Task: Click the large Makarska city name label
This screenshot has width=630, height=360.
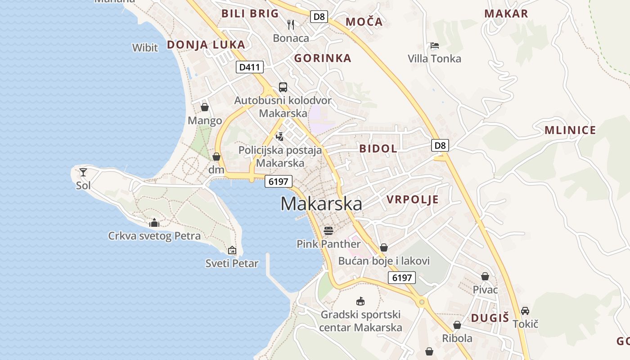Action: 321,204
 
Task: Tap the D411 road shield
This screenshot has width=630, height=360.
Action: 249,67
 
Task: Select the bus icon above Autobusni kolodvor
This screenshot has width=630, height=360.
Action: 283,87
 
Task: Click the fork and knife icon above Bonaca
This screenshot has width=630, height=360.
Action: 291,24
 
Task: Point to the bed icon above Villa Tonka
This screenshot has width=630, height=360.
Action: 434,45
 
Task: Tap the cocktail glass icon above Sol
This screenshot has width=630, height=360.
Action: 83,172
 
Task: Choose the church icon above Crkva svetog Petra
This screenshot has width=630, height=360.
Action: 154,223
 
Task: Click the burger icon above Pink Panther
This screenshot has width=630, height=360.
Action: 328,231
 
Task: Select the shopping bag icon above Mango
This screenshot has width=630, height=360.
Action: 205,107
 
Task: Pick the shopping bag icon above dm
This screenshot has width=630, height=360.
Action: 216,157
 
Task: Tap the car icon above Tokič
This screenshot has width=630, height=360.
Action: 525,310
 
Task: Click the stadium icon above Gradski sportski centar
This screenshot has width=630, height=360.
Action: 360,301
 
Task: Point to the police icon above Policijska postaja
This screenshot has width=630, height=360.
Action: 280,136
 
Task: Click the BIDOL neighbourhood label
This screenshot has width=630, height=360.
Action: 378,148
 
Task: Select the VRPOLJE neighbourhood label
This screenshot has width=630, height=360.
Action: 412,200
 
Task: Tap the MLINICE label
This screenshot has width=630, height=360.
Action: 570,130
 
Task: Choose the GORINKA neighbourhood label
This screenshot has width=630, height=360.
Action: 323,58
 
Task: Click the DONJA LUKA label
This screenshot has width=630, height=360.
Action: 206,45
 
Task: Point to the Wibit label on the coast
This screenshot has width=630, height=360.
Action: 145,48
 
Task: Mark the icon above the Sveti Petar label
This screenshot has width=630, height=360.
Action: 232,250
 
